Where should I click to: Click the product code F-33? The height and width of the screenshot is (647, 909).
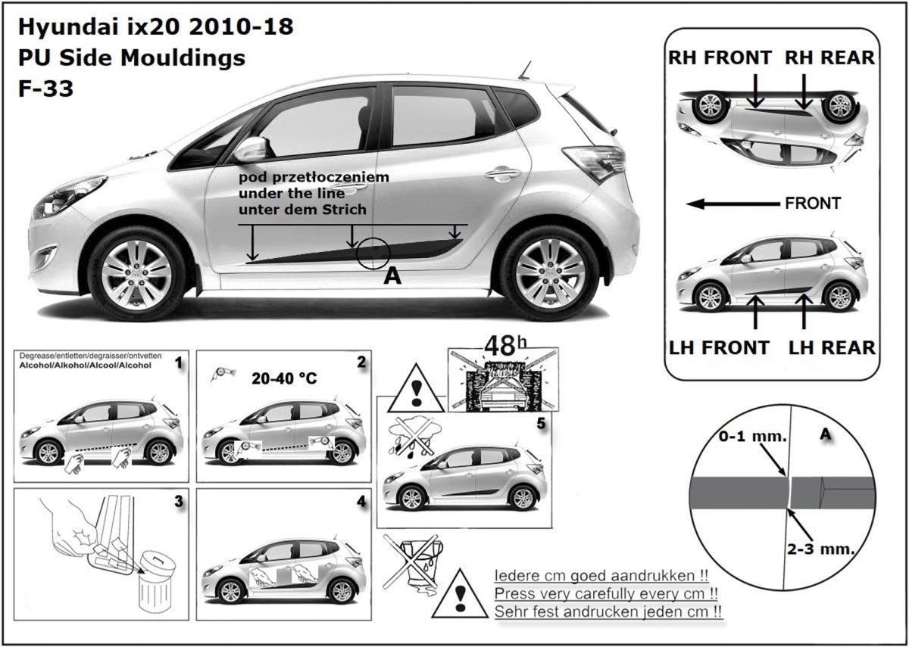point(45,89)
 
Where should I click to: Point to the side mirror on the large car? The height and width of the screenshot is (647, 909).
point(249,149)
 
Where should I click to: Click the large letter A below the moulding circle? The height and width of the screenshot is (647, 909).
point(392,276)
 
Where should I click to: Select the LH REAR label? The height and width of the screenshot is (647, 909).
point(831,347)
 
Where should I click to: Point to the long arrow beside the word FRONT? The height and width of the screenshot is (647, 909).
point(731,204)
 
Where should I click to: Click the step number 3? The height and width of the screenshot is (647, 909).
point(177,500)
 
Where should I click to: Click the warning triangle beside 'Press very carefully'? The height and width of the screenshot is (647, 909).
point(458,595)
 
